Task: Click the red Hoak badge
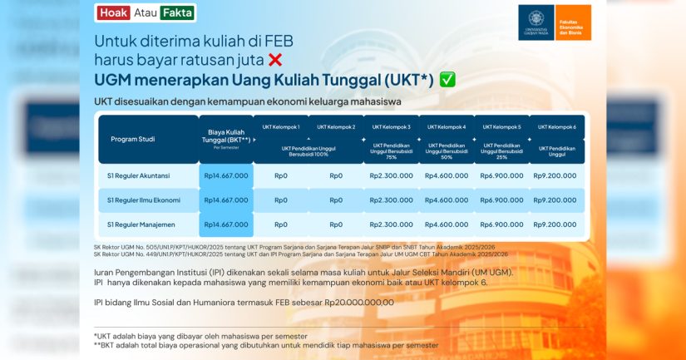coord(113,12)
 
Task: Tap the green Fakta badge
coord(177,12)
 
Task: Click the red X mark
coord(275,59)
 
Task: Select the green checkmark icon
coord(447,79)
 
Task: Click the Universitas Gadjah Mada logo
coord(535,22)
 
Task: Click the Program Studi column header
coord(133,139)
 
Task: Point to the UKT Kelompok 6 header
coord(556,126)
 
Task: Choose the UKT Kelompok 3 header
coord(392,126)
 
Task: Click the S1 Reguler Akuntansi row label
coord(138,175)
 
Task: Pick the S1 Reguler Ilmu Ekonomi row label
coord(143,200)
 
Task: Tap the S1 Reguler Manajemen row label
coord(139,224)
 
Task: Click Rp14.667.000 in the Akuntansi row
coord(225,175)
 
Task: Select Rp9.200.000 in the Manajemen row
coord(555,224)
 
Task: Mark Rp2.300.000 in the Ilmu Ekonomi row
coord(391,200)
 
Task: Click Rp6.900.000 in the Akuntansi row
coord(501,175)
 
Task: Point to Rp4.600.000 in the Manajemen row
coord(446,224)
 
